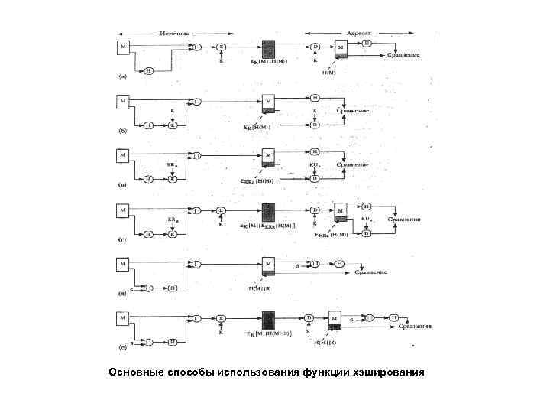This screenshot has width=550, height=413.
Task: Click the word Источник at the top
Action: pos(173,34)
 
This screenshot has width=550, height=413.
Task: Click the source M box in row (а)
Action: pos(123,47)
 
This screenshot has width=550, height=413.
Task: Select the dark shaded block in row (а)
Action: pos(269,48)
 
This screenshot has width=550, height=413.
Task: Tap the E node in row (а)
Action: pos(221,47)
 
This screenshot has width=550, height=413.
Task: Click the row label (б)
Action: pos(122,130)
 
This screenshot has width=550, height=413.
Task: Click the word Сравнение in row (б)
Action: pos(353,110)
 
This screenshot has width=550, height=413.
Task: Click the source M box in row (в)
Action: pos(123,155)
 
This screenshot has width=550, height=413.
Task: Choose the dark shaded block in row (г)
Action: pos(269,211)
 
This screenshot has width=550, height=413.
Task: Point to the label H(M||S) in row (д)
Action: pos(260,288)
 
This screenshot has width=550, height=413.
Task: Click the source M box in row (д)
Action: pos(123,264)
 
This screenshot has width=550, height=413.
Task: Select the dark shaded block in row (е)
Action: pos(269,319)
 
